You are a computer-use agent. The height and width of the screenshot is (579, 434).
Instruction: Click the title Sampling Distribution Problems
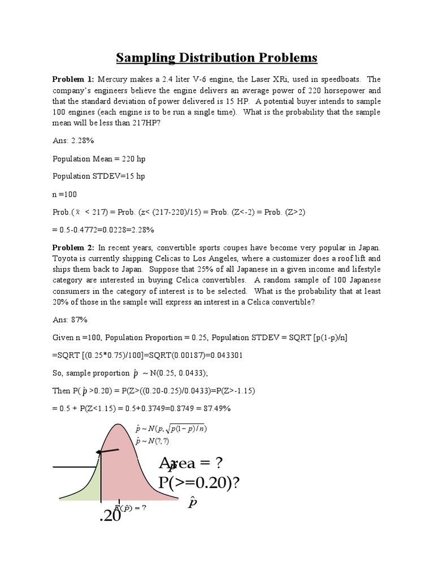pos(217,58)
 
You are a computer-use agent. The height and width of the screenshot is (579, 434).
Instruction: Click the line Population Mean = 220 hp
pos(99,159)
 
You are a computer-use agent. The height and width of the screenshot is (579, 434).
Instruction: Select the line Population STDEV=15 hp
pos(99,176)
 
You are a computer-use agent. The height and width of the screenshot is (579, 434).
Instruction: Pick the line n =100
pos(65,194)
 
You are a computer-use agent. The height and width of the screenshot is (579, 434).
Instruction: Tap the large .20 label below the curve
pos(110,515)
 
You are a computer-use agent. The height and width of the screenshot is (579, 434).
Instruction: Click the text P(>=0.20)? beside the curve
pos(207,484)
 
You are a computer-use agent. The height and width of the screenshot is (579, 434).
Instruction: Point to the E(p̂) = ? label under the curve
pos(131,507)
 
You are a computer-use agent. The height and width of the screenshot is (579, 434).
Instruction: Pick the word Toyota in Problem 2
pos(66,258)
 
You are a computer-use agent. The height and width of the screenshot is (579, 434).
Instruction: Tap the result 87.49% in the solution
pos(214,408)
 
